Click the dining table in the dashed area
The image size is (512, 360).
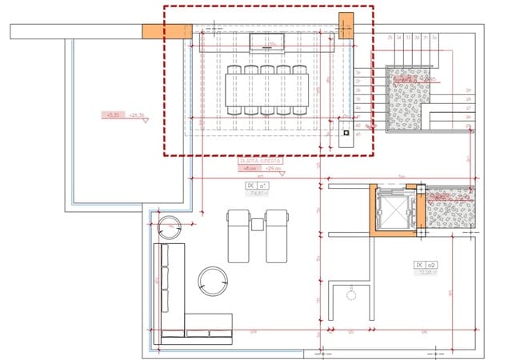(268, 90)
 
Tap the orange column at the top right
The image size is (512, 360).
(346, 26)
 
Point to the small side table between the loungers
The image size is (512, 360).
(257, 225)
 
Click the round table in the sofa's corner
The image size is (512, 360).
(213, 279)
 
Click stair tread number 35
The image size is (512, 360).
(390, 38)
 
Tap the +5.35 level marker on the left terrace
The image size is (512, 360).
(113, 115)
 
